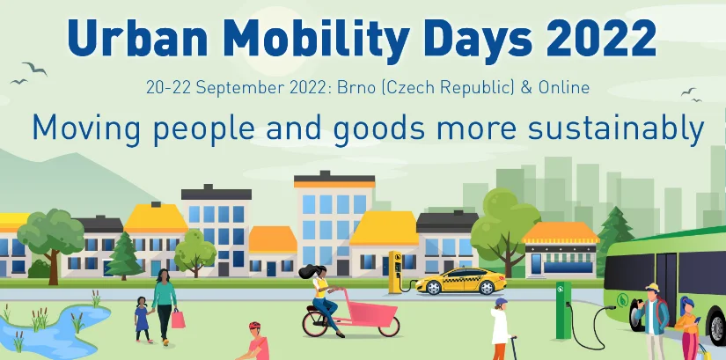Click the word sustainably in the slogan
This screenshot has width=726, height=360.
[616, 128]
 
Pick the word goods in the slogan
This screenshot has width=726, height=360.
[378, 129]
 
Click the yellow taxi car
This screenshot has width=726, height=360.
[461, 281]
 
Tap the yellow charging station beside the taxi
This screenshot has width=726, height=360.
[394, 272]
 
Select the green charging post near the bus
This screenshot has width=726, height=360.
[563, 310]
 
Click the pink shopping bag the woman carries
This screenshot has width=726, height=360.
[178, 320]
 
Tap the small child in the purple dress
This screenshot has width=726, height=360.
[142, 320]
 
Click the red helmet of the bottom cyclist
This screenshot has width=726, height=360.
[254, 326]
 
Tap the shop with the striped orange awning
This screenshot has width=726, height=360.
[560, 250]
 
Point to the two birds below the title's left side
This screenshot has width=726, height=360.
[28, 73]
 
